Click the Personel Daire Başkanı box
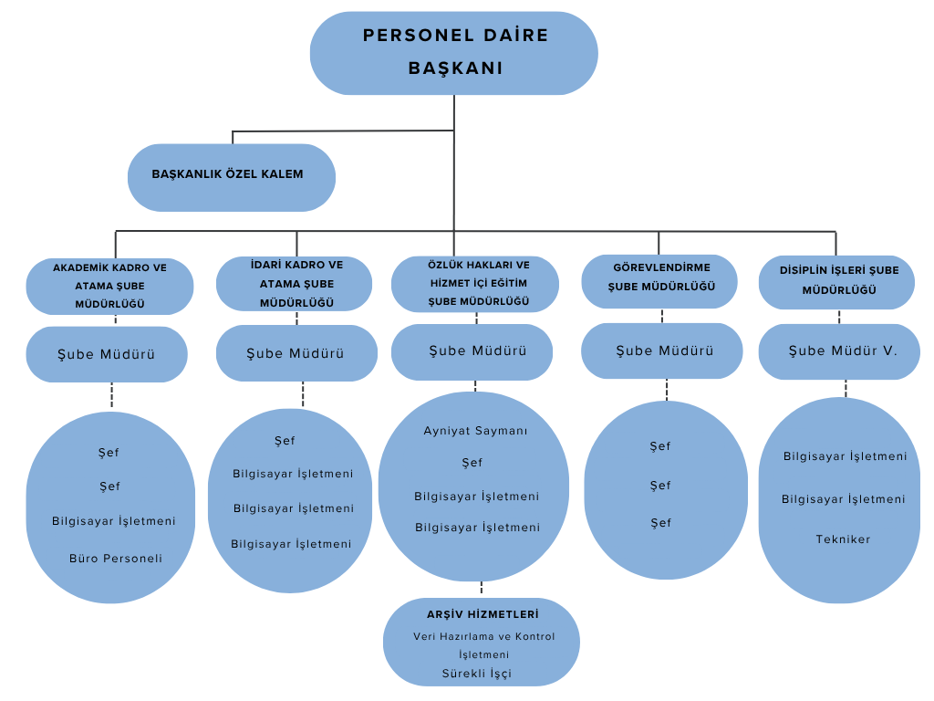click(x=453, y=53)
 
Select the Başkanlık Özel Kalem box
click(x=231, y=176)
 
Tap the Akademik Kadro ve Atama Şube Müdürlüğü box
click(x=109, y=286)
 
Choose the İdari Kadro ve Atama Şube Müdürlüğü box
click(x=295, y=283)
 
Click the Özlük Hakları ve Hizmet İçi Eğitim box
click(x=474, y=283)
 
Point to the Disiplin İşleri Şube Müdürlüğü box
click(x=837, y=281)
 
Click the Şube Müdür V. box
click(x=839, y=351)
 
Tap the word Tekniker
click(x=843, y=539)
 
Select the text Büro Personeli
click(x=116, y=558)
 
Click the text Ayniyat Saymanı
click(x=475, y=431)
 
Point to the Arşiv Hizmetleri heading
click(x=483, y=614)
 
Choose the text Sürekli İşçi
click(x=475, y=674)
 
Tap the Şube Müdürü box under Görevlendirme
click(x=663, y=350)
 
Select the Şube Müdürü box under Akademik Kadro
click(x=107, y=354)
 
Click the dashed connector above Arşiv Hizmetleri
click(x=482, y=589)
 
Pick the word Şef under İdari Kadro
click(x=285, y=441)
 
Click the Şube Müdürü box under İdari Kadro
click(x=296, y=353)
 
